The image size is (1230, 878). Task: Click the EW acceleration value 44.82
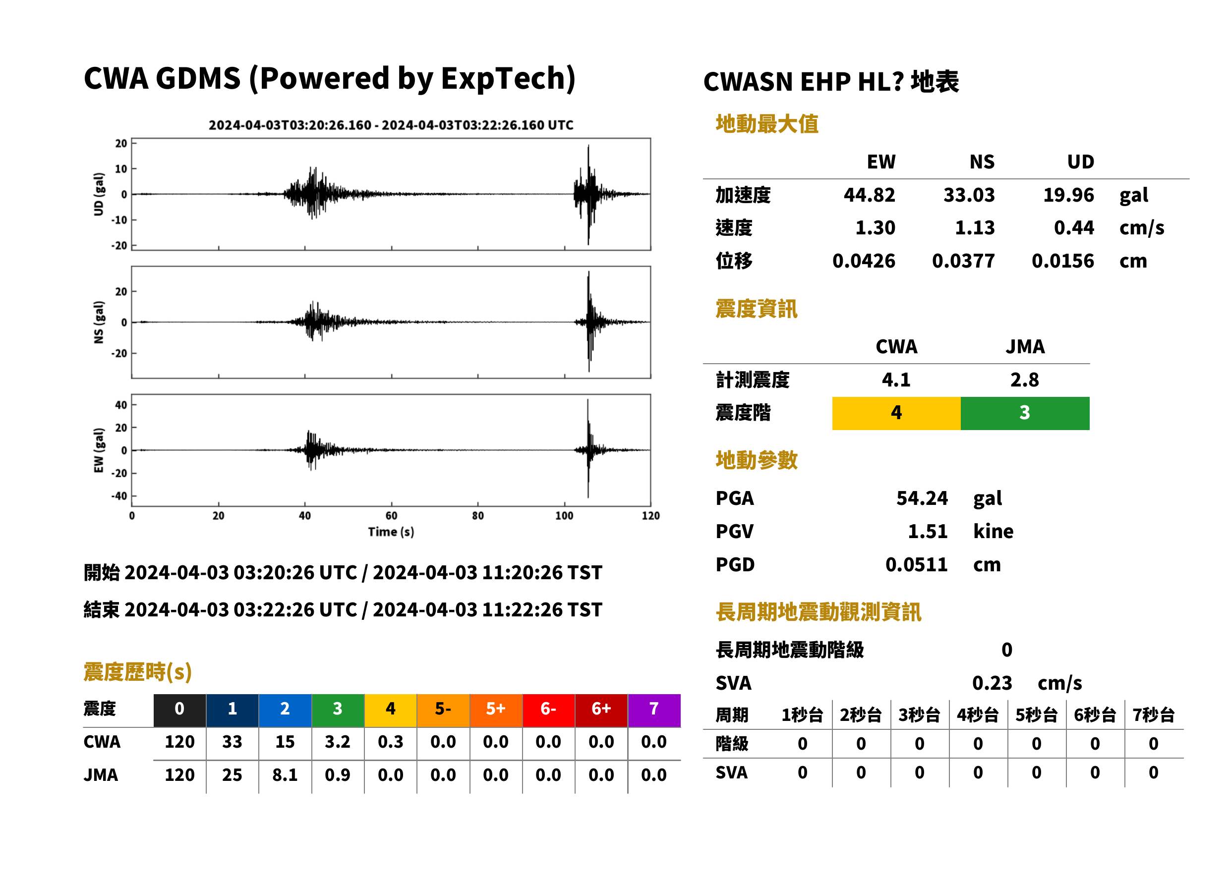(x=869, y=195)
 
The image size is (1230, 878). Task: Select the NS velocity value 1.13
(x=974, y=227)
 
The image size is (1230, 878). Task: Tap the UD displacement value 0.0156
(x=1062, y=261)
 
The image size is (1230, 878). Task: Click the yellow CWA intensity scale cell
(x=896, y=413)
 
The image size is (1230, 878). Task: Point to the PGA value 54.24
(x=922, y=498)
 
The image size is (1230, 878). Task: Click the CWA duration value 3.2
(x=338, y=742)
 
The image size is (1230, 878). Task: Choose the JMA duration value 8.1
(x=285, y=775)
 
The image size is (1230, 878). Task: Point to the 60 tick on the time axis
(x=391, y=516)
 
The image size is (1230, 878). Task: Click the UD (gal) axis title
(x=99, y=194)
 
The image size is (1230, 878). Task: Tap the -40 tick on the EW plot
(x=119, y=496)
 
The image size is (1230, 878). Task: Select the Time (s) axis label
(x=391, y=532)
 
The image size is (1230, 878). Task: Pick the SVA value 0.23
(x=992, y=683)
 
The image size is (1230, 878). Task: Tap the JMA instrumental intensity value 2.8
(x=1024, y=380)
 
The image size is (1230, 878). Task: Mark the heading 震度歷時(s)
(x=138, y=672)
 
